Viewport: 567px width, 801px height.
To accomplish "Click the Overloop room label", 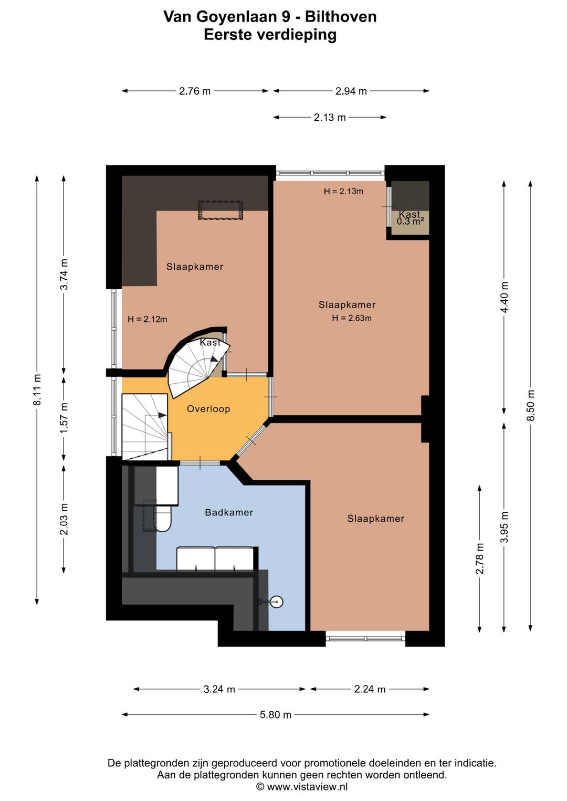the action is click(x=208, y=409).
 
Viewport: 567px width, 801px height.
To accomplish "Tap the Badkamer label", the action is click(x=229, y=512).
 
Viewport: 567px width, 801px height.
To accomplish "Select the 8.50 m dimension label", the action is click(x=530, y=405).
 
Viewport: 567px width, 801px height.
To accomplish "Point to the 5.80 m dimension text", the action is click(x=276, y=715).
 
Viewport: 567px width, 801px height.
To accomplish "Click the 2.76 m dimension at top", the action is click(x=195, y=91).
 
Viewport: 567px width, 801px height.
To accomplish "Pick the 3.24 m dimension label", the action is click(x=219, y=689).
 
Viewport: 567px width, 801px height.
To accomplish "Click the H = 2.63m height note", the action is click(x=352, y=318).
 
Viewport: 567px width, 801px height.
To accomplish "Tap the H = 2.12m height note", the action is click(x=148, y=319).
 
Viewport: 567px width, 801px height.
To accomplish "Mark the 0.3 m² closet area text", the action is click(x=411, y=222).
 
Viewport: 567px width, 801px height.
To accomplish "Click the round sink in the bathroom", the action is click(x=277, y=602).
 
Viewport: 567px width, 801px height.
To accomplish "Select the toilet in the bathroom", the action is click(x=162, y=518).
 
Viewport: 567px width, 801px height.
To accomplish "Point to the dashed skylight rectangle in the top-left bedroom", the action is click(x=220, y=210).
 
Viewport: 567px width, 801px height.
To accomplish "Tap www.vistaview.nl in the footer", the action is click(x=307, y=786).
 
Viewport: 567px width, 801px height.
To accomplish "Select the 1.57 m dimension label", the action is click(x=64, y=418).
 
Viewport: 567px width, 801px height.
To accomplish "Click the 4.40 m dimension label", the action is click(x=504, y=297).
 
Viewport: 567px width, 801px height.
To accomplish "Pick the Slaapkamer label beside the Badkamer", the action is click(x=375, y=519).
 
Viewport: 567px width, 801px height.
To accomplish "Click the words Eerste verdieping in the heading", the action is click(x=270, y=35).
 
